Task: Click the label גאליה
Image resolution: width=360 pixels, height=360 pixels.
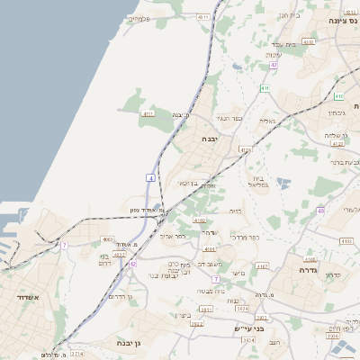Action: [x=267, y=120]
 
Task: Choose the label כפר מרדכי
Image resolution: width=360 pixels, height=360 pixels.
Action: [x=244, y=238]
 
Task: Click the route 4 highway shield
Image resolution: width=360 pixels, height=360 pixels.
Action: [x=150, y=180]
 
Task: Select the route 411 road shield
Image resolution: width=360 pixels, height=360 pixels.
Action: [x=265, y=88]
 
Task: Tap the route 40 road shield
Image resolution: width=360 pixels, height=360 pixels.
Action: [x=320, y=211]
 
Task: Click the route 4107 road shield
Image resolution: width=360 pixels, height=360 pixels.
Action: [x=263, y=266]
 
